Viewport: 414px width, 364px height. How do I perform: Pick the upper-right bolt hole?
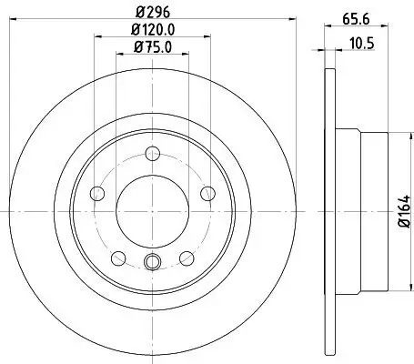[207, 191]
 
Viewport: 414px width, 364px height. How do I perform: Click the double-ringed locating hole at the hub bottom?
[152, 264]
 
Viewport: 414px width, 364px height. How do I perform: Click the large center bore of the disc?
[152, 208]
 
